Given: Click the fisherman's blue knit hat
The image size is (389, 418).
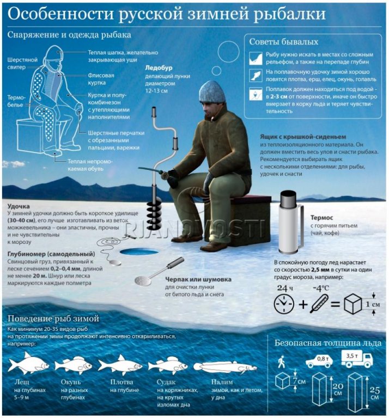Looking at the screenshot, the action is (x=212, y=91).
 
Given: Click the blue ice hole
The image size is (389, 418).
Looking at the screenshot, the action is (x=138, y=251).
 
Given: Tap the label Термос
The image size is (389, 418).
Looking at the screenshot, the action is (x=322, y=218).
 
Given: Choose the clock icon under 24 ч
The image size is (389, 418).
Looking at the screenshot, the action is (x=284, y=304).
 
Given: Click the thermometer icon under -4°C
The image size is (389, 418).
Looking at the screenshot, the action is (x=319, y=303).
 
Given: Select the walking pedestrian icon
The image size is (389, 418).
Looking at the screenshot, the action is (x=281, y=361).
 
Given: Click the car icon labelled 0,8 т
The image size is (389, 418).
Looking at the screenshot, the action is (x=319, y=361).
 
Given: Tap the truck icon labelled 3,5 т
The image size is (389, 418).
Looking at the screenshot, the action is (x=357, y=359).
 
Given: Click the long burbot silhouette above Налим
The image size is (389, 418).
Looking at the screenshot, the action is (x=224, y=367).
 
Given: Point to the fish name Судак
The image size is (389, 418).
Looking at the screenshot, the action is (x=166, y=382).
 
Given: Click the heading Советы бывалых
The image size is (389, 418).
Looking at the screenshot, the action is (x=284, y=42).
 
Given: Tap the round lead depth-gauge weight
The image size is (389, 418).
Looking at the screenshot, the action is (x=115, y=262).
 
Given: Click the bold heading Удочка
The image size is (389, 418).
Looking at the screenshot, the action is (x=19, y=206).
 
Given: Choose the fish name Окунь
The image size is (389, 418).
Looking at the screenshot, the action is (x=71, y=382).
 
